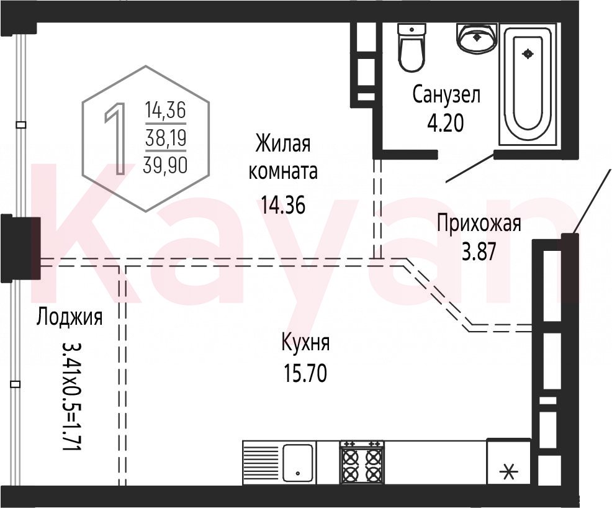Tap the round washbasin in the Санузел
click(476, 37)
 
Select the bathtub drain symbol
click(528, 53)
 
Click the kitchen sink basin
click(297, 463)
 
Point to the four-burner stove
click(362, 463)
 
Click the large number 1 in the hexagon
click(115, 138)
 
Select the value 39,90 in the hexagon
click(165, 165)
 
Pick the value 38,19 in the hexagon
click(166, 138)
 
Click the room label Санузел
click(446, 95)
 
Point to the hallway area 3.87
click(479, 252)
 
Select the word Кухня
click(305, 343)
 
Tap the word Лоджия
click(70, 317)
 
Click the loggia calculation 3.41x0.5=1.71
click(72, 396)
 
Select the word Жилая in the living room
click(283, 143)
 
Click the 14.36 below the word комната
click(283, 205)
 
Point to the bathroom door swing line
click(470, 168)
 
